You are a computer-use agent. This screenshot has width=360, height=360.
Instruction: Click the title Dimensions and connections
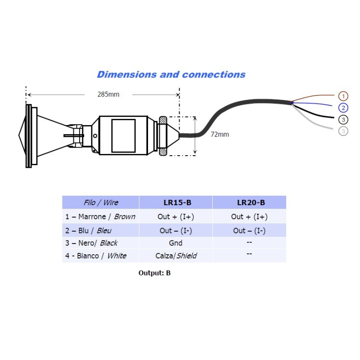(x=171, y=74)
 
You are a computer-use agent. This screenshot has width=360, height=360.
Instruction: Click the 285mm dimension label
(x=108, y=94)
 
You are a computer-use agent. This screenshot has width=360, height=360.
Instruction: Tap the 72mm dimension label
(x=220, y=134)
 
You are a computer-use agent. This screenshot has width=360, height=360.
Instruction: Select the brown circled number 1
(x=343, y=96)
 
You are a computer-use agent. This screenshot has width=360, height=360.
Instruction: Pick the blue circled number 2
(x=343, y=108)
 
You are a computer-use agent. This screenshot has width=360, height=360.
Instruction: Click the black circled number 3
(x=343, y=119)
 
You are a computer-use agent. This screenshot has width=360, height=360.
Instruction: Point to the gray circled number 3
(x=343, y=131)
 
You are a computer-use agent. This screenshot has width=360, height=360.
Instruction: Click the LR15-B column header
(x=177, y=202)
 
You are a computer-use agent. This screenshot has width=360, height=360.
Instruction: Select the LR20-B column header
(x=251, y=202)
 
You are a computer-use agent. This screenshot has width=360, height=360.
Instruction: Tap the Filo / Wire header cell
(x=101, y=202)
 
